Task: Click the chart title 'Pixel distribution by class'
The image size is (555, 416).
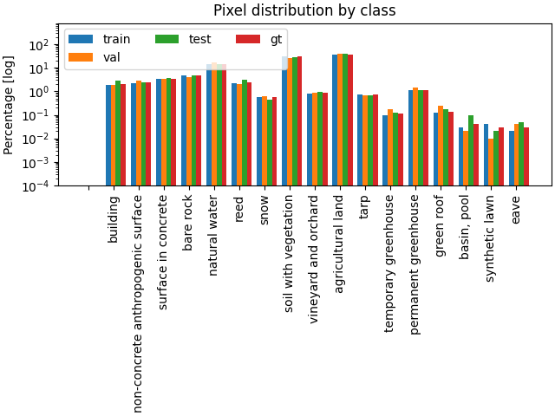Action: (304, 10)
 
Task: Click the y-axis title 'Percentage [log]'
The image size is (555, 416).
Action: (10, 104)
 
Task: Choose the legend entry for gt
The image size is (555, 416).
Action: (261, 39)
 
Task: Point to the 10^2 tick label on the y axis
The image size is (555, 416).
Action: (41, 45)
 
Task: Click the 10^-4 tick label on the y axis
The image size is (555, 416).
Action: (39, 185)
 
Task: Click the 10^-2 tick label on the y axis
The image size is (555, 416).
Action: (39, 139)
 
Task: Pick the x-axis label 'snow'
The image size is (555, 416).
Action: (264, 211)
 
